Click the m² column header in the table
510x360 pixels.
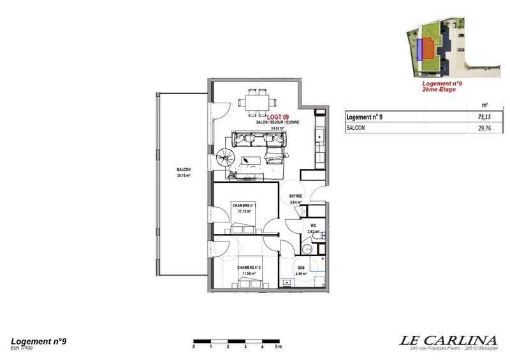pyautogui.click(x=485, y=105)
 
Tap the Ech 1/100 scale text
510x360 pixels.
pyautogui.click(x=22, y=349)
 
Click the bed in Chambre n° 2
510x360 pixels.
pyautogui.click(x=245, y=282)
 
